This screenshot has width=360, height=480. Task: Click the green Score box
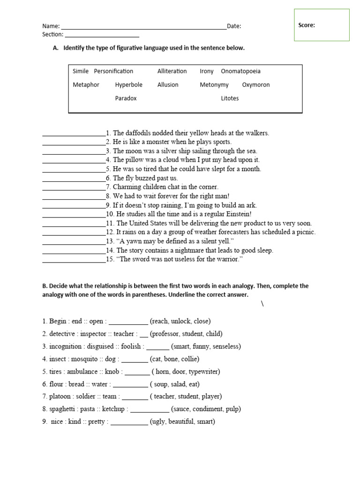click(x=322, y=25)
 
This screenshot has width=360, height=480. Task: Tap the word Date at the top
click(x=233, y=26)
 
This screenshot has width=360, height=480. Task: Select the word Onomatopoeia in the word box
click(x=240, y=71)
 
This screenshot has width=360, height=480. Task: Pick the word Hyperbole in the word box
click(x=128, y=85)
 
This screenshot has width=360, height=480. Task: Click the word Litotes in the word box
click(x=230, y=98)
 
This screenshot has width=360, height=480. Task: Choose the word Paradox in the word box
click(x=126, y=98)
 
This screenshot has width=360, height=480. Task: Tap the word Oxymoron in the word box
click(x=255, y=85)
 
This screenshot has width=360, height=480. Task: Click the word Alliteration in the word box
click(x=172, y=71)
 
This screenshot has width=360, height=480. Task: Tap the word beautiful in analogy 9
click(x=180, y=422)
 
